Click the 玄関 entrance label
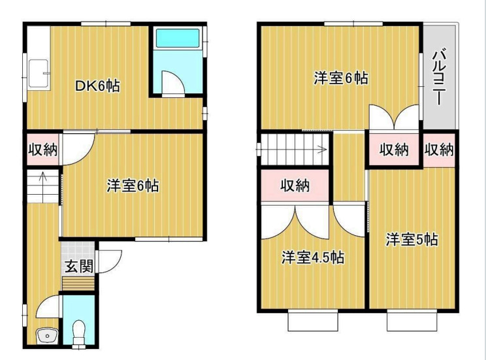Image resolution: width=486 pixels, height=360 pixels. [x=78, y=266]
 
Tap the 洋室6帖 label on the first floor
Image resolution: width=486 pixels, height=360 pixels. [x=133, y=186]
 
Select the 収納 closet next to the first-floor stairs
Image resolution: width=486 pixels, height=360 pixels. [x=42, y=150]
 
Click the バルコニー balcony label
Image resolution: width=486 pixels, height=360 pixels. [x=440, y=76]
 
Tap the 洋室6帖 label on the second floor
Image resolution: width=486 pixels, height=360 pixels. [x=340, y=78]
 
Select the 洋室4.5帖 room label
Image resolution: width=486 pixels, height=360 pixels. [x=313, y=257]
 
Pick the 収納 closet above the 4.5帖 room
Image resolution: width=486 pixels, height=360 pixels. [x=295, y=186]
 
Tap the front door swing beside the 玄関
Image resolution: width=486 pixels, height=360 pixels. [x=109, y=261]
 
